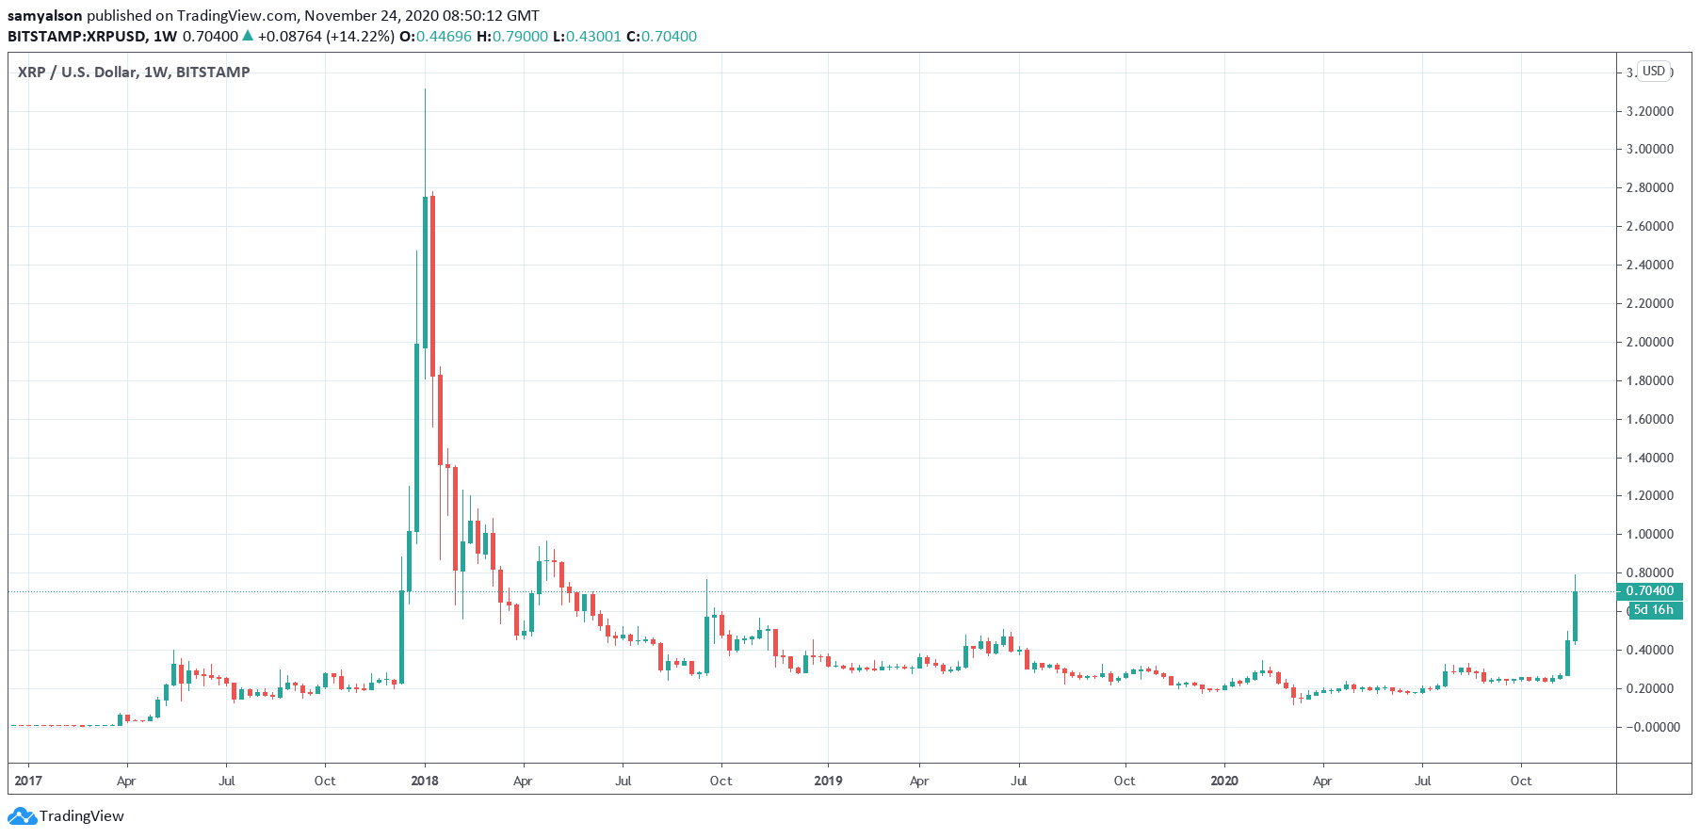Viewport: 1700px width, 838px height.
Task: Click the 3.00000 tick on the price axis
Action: pos(1649,149)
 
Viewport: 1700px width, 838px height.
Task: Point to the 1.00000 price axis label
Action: pos(1649,534)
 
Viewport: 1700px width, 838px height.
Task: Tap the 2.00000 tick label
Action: pos(1649,342)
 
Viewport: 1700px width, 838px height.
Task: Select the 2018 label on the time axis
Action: pos(425,781)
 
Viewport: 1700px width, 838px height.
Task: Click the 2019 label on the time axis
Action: pos(828,781)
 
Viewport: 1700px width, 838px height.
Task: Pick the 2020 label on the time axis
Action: pos(1223,781)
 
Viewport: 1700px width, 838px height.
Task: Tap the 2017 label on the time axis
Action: pos(28,781)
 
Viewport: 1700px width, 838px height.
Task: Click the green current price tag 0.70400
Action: pos(1649,591)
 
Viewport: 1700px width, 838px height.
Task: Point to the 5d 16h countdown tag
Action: pos(1653,610)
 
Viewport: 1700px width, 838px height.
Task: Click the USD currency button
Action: pos(1654,72)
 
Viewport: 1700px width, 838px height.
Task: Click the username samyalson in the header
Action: pos(45,15)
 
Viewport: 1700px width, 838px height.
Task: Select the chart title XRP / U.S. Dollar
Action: pos(133,73)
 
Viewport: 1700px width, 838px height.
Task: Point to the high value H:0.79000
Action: pos(512,37)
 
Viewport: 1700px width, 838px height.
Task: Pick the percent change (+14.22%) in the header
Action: pos(361,37)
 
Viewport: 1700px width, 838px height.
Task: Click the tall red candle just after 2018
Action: pos(432,282)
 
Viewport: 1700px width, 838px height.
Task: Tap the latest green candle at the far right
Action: pos(1575,617)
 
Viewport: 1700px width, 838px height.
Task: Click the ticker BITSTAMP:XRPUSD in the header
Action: pos(77,37)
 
